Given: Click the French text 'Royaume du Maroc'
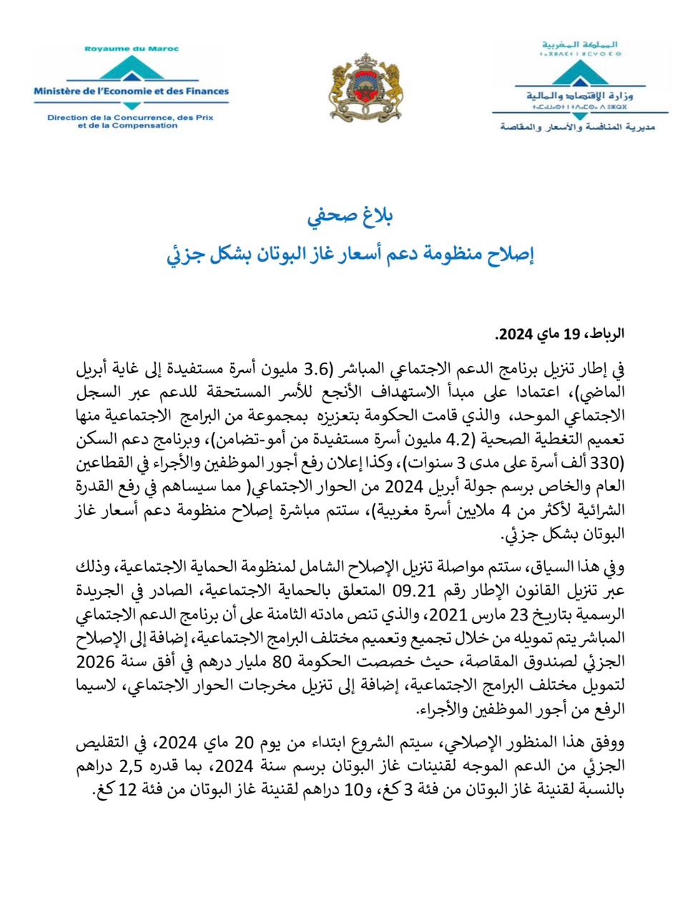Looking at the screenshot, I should click(x=132, y=49).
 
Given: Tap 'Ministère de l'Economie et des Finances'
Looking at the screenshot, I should click(x=131, y=91).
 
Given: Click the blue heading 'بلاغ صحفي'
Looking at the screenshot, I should click(x=350, y=215).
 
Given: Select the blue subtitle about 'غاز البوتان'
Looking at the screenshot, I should click(x=350, y=254).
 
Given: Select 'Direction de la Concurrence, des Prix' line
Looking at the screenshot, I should click(x=130, y=117).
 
